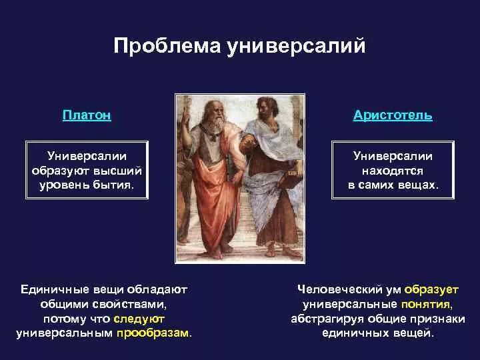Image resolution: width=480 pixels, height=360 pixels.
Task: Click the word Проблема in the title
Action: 167,46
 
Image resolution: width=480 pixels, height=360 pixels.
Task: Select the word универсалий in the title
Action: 296,47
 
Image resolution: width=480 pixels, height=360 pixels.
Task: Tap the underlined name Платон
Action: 87,115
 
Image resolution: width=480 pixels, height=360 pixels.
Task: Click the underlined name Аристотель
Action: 393,115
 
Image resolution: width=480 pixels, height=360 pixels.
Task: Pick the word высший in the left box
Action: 117,171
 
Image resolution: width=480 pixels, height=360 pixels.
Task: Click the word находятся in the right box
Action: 393,171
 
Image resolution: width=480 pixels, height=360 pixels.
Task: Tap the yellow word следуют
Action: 139,319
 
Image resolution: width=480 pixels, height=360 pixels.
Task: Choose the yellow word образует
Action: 431,289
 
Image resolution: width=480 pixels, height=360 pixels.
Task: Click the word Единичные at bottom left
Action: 55,289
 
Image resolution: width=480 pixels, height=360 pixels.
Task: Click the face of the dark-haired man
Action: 264,109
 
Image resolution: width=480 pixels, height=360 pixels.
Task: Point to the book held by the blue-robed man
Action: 289,181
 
